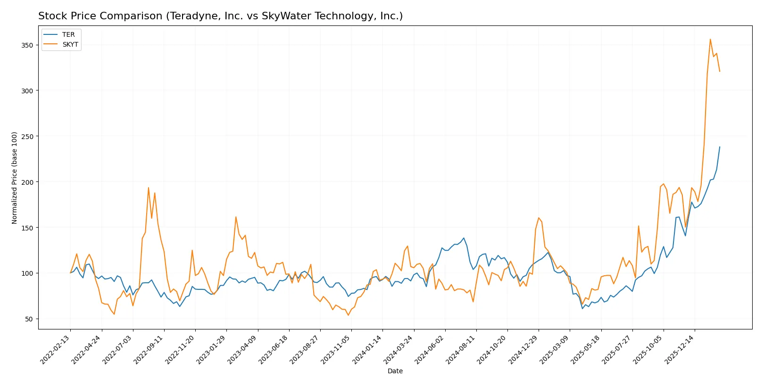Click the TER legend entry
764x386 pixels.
(68, 34)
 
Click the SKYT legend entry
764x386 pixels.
(70, 44)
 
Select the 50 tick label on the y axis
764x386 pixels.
(29, 319)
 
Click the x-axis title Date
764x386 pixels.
(395, 371)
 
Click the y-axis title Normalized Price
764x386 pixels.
(14, 178)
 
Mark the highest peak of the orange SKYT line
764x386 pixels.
(710, 39)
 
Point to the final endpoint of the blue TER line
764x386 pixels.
(720, 147)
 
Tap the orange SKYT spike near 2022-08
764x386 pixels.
(149, 188)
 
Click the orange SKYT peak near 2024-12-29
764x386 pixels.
(539, 218)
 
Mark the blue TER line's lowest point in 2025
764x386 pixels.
(582, 308)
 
